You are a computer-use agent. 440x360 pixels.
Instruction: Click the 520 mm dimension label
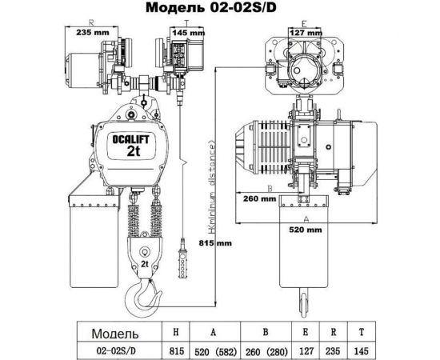pos(306,228)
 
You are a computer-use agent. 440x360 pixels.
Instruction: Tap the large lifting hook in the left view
pos(141,296)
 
